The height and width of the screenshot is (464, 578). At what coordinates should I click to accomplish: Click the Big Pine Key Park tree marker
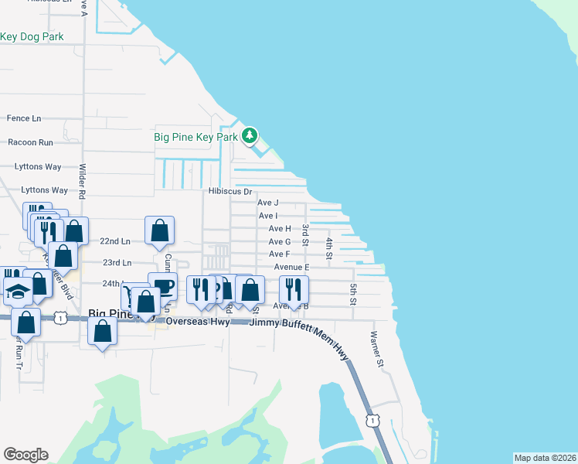click(249, 136)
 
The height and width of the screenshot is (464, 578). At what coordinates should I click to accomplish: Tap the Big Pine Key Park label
click(196, 138)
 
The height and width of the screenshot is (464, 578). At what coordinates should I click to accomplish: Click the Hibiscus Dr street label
click(229, 191)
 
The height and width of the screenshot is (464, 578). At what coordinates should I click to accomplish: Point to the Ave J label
click(268, 203)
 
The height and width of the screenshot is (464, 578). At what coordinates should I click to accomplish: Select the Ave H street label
click(280, 229)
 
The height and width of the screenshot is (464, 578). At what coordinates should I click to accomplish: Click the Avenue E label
click(291, 268)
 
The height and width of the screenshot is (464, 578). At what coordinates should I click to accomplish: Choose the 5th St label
click(352, 293)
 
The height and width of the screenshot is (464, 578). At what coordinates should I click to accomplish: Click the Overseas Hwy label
click(202, 322)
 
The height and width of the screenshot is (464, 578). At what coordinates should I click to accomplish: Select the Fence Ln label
click(23, 118)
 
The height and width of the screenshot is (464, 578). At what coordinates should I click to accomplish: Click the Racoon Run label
click(30, 142)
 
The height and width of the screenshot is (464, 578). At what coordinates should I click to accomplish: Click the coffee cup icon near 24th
click(162, 285)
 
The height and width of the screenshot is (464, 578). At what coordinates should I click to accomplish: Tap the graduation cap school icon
click(18, 292)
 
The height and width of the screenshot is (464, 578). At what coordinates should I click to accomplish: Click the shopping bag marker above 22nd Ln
click(159, 230)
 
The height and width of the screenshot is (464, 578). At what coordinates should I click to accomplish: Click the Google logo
click(25, 455)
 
